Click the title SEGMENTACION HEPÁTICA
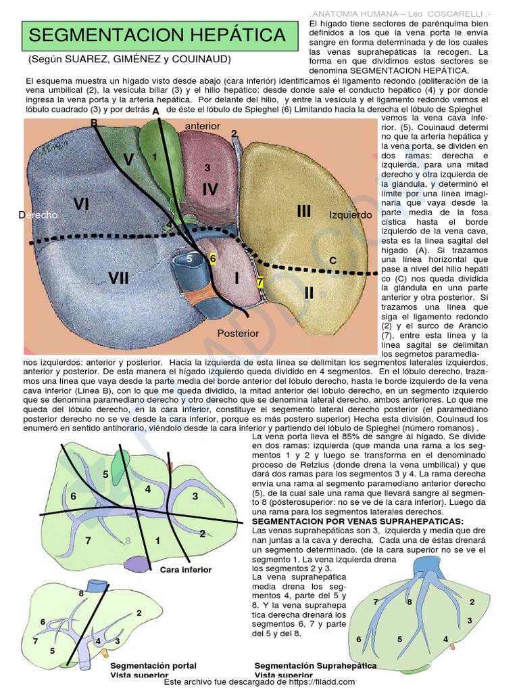coord(158,35)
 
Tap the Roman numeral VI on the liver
coord(81,204)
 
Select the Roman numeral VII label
coord(118,277)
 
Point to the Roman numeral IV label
coord(209,189)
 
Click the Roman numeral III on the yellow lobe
coord(304,211)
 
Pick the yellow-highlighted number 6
coord(213,259)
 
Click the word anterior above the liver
coord(202,126)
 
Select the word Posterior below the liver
coord(238,333)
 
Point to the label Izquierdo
coord(351,215)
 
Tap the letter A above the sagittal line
coord(156,111)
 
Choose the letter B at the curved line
coord(94,122)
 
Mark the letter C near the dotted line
coord(332,261)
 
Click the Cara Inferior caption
coord(186,570)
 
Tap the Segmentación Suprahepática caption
coord(316,665)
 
